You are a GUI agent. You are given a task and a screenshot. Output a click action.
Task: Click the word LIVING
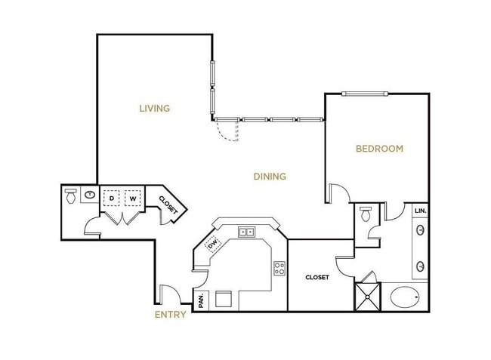coord(154,108)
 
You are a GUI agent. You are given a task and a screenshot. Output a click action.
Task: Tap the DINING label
coord(270,177)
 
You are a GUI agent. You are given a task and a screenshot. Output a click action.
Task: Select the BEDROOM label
coord(379,149)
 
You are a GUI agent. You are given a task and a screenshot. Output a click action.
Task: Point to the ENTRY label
coord(170,315)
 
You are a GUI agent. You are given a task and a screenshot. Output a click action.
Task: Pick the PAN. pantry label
coord(202,301)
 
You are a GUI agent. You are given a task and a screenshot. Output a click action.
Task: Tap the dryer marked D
coord(113,198)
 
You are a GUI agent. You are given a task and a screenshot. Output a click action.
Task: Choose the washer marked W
coord(133,198)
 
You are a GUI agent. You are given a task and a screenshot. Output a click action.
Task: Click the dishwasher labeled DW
coord(213,243)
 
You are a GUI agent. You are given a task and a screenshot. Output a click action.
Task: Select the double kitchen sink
coord(246,232)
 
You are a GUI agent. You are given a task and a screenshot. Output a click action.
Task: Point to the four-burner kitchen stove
coord(279,267)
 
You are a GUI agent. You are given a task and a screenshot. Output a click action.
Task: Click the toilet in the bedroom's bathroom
coord(366,214)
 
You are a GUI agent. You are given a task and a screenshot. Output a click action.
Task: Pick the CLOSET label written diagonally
coord(168,205)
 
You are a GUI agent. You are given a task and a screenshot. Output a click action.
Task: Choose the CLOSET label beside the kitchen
coord(317,278)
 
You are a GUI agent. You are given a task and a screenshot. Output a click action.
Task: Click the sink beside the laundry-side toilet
coord(90,195)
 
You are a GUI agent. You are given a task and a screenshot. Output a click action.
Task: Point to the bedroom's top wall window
coord(365,94)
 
